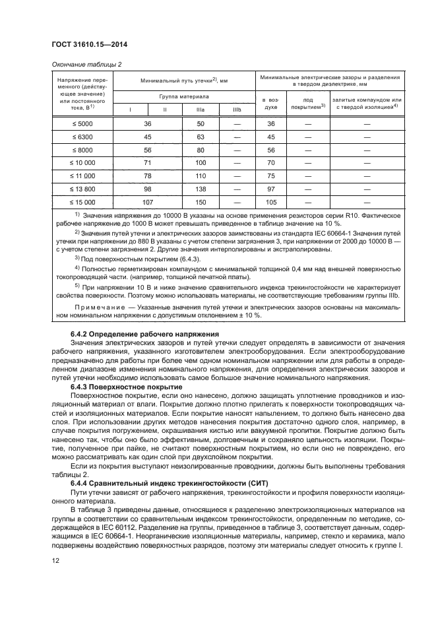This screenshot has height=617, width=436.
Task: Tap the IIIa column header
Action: coord(201,109)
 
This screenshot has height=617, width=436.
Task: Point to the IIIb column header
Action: coord(237,109)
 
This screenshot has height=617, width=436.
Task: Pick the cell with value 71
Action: coord(148,163)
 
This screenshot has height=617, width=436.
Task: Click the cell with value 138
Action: coord(201,189)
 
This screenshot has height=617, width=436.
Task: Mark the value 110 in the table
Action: coord(201,176)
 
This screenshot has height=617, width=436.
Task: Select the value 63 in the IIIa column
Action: coord(201,137)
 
